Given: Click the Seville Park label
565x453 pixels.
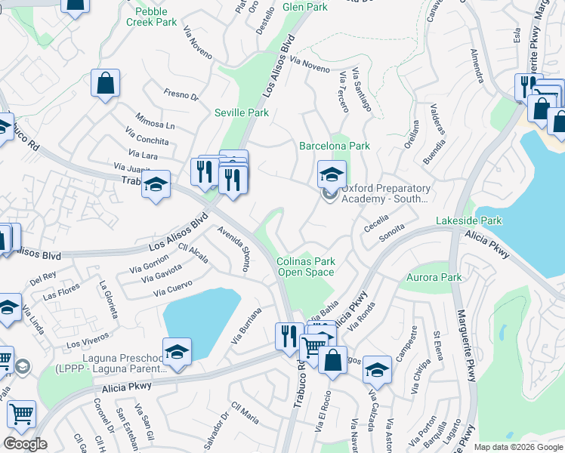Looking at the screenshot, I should [x=242, y=112].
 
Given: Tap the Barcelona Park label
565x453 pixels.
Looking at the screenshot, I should [x=335, y=146].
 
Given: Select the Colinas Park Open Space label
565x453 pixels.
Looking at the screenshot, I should [x=307, y=267].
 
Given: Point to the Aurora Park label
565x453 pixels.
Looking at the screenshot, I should [x=434, y=278].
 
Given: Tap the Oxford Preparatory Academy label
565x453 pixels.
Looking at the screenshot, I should [x=385, y=193].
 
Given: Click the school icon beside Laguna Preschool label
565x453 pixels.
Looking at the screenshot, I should [x=177, y=353].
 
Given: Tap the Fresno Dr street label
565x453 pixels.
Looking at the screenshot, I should [x=181, y=96].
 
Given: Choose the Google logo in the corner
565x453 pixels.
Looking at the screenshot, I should [x=24, y=444].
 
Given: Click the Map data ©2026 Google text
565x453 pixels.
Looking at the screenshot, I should [x=517, y=447].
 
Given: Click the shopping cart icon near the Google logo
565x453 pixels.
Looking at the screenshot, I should [x=21, y=414].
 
